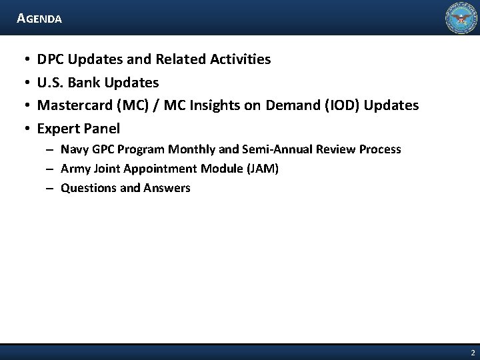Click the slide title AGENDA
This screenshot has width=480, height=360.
(40, 19)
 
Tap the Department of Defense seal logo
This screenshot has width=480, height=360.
(461, 18)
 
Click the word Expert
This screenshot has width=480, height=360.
(57, 128)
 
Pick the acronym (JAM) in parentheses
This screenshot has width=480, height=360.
(261, 169)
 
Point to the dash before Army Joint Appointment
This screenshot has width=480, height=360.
(50, 169)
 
